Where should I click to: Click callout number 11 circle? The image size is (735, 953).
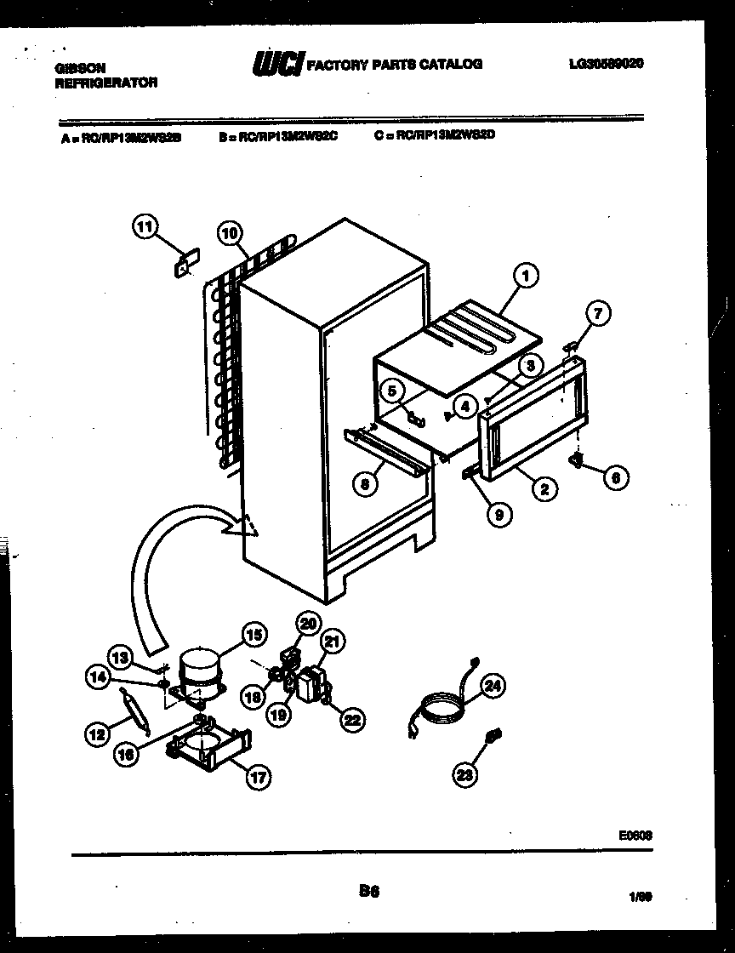(x=146, y=226)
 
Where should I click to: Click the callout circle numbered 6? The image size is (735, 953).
(x=615, y=477)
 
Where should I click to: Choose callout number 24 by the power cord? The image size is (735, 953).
(x=493, y=685)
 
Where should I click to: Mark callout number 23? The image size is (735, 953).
(x=466, y=773)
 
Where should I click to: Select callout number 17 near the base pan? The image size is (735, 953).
(x=256, y=776)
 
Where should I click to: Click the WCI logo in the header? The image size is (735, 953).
(x=276, y=65)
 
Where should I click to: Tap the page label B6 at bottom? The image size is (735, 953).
(x=368, y=892)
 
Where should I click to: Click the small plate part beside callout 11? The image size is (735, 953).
(x=185, y=261)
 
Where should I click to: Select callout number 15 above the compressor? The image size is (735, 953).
(x=253, y=633)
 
